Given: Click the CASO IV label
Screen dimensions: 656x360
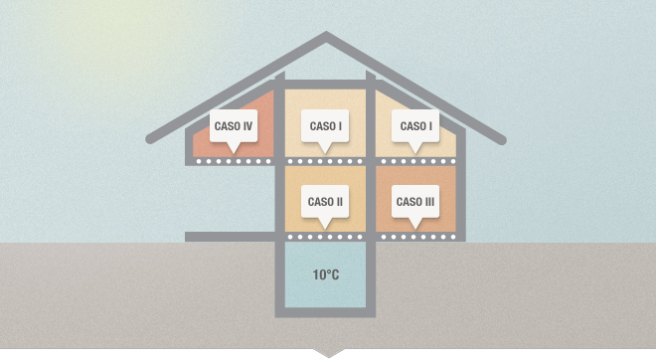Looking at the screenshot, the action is [234, 126].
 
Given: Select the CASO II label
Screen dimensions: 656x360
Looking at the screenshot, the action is [325, 202].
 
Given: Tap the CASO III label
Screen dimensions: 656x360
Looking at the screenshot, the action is [415, 202].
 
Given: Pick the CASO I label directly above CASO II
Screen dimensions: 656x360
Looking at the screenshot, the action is [325, 126].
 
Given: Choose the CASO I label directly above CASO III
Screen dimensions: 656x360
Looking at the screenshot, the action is [415, 126].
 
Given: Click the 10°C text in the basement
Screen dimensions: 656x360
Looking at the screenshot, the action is [326, 274].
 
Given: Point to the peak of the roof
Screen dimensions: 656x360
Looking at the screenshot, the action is [326, 35].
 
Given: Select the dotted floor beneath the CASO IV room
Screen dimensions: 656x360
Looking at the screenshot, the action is [234, 161].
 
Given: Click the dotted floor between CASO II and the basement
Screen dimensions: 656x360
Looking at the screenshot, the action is [325, 237].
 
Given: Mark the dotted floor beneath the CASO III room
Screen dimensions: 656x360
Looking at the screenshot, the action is [417, 237].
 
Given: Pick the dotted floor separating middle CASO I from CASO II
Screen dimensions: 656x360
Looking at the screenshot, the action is [325, 161].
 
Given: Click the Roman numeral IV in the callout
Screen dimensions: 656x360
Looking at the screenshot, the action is [246, 126].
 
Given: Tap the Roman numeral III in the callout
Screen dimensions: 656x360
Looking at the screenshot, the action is [427, 202].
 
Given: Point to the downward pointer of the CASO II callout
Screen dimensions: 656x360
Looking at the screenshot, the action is [325, 224].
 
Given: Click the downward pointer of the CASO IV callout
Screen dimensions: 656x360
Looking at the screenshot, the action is [234, 148].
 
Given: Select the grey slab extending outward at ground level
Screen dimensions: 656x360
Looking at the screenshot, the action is [230, 237].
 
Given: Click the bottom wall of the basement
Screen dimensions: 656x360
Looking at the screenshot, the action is [325, 312].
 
